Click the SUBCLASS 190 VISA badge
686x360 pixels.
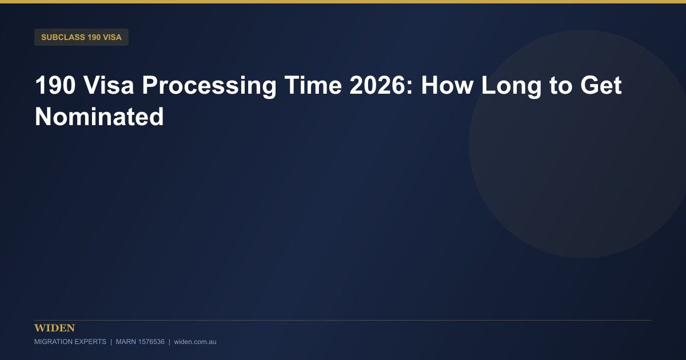(81, 37)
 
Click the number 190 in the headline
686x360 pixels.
(55, 85)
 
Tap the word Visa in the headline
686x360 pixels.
(109, 85)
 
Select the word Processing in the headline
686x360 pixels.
(209, 86)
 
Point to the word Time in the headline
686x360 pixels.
(313, 85)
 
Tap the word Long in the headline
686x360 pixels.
(512, 86)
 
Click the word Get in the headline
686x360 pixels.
(601, 85)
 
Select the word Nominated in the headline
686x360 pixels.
(99, 117)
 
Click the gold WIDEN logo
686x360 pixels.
(54, 328)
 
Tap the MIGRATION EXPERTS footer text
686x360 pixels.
(70, 342)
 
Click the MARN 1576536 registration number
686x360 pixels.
(140, 342)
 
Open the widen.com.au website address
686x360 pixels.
(195, 342)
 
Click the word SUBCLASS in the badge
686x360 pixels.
(63, 37)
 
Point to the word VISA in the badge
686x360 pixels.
(112, 37)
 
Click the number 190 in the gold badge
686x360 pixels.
(94, 37)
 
